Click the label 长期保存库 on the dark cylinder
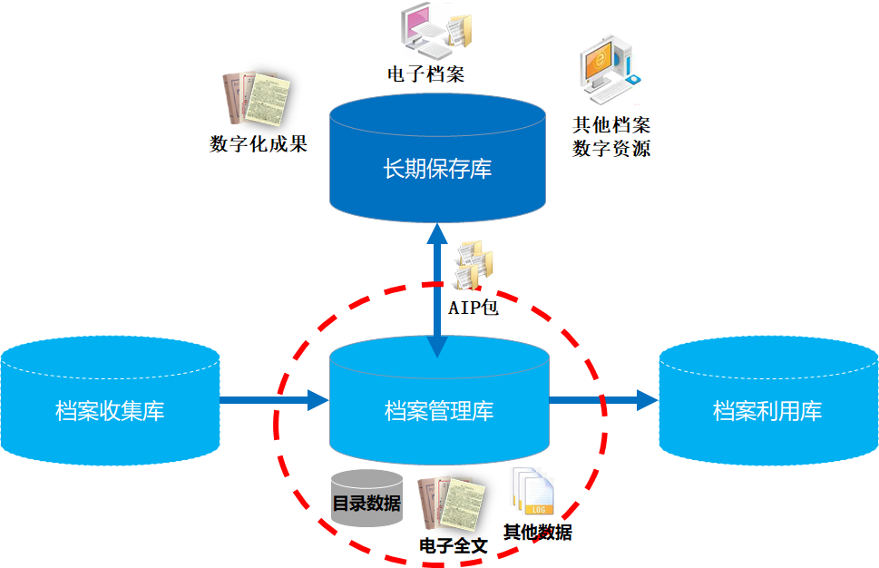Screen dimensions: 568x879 pyautogui.click(x=438, y=169)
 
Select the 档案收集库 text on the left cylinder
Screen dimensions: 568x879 pyautogui.click(x=110, y=410)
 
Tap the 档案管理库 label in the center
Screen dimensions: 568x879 pyautogui.click(x=439, y=410)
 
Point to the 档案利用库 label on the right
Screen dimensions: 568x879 pyautogui.click(x=767, y=410)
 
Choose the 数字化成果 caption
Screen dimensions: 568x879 pyautogui.click(x=259, y=143)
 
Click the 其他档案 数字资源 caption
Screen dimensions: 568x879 pyautogui.click(x=611, y=136)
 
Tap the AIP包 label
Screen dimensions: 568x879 pyautogui.click(x=474, y=307)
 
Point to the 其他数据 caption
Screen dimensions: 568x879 pyautogui.click(x=538, y=533)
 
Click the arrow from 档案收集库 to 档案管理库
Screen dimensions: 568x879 pyautogui.click(x=273, y=399)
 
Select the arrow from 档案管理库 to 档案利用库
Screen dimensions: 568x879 pyautogui.click(x=603, y=399)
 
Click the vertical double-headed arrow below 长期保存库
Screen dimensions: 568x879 pyautogui.click(x=438, y=290)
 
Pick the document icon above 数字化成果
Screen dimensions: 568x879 pyautogui.click(x=258, y=99)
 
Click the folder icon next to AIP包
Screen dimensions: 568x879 pyautogui.click(x=475, y=265)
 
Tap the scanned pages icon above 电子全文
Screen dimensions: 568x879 pyautogui.click(x=451, y=507)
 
